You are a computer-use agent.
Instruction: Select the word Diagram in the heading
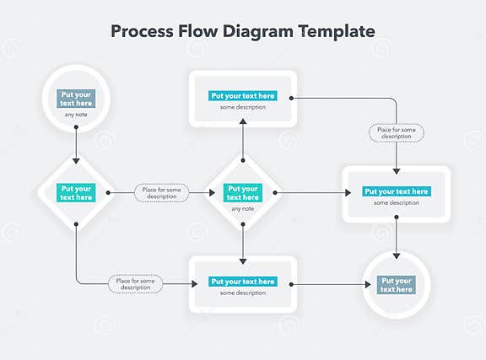pos(260,31)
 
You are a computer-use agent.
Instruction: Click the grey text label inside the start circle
pos(77,99)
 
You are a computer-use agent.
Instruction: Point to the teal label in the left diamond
pos(77,193)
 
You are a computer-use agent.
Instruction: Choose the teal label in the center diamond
pos(243,193)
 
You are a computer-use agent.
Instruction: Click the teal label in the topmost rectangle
pos(243,96)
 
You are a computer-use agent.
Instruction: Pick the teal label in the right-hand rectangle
pos(397,191)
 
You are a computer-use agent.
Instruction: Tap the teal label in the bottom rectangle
pos(243,282)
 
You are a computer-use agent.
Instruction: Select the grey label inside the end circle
pos(397,285)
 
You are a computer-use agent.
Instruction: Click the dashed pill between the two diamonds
pos(160,193)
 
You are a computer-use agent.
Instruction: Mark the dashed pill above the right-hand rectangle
pos(397,133)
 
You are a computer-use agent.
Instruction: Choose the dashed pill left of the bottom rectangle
pos(135,284)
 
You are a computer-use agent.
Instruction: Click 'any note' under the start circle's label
pos(77,115)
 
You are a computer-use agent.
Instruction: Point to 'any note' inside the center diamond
pos(243,208)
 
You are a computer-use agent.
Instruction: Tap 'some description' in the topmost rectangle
pos(243,106)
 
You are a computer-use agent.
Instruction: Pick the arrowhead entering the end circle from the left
pos(367,284)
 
